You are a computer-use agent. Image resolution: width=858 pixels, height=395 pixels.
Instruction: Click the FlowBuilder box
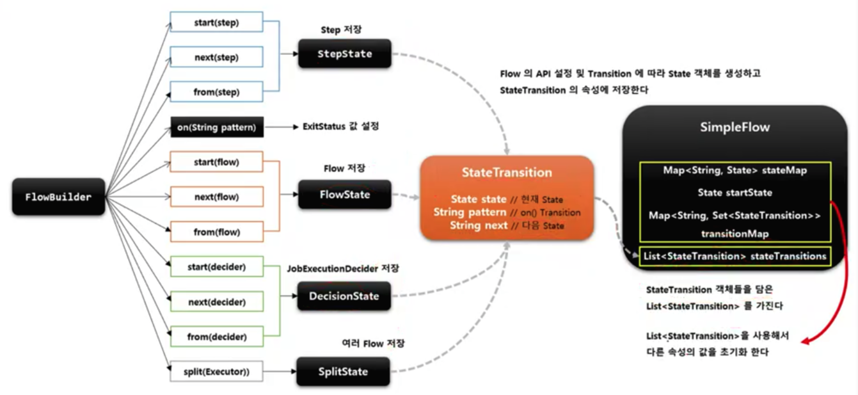click(58, 197)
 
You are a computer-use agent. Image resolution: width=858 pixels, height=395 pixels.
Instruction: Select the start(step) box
click(216, 23)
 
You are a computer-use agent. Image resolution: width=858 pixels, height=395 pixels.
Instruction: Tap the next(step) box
click(216, 58)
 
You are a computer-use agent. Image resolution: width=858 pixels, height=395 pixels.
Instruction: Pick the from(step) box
click(216, 92)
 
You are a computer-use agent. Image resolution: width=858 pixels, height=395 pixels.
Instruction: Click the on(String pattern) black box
click(216, 127)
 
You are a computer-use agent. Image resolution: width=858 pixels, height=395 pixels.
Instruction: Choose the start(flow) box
click(216, 162)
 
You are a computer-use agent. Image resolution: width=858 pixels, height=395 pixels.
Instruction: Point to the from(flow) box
click(216, 231)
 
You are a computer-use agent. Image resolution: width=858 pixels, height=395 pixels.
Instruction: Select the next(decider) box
click(216, 301)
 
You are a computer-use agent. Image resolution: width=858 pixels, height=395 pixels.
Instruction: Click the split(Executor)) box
click(216, 371)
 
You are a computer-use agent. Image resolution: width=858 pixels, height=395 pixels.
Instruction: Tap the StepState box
click(344, 54)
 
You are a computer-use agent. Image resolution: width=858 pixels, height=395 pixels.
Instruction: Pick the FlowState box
click(344, 194)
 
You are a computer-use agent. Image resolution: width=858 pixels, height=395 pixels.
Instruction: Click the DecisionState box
click(344, 296)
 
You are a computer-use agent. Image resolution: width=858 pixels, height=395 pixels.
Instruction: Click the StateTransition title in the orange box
click(507, 172)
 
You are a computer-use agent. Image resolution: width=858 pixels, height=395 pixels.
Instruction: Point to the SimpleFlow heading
click(735, 127)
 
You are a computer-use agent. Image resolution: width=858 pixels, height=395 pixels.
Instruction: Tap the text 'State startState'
click(735, 193)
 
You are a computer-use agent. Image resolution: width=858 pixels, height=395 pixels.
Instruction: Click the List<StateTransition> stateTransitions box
click(735, 257)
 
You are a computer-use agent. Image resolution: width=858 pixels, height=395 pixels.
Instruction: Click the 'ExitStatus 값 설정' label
click(340, 127)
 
